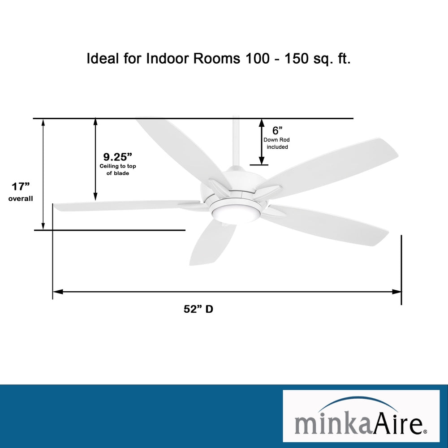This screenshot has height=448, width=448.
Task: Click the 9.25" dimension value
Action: (117, 157)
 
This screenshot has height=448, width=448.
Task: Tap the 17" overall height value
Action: (21, 187)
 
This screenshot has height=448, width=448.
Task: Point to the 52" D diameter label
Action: (198, 309)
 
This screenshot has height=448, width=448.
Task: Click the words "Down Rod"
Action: (276, 140)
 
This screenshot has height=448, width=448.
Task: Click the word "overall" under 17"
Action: (21, 198)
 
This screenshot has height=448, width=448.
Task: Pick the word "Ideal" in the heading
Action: (103, 58)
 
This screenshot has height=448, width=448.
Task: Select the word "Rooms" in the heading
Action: (217, 59)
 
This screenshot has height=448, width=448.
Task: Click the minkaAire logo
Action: (361, 416)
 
